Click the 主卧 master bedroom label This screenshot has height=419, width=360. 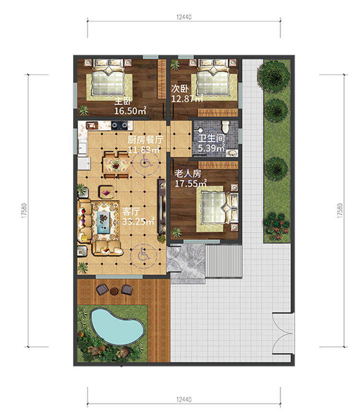[x=123, y=101]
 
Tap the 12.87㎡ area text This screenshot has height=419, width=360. [x=187, y=99]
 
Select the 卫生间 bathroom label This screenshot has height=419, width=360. [x=211, y=138]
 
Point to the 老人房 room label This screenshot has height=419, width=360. [x=188, y=173]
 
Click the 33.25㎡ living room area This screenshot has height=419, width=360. [x=138, y=222]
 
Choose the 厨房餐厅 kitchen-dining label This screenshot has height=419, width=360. [x=145, y=139]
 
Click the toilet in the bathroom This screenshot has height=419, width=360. [x=226, y=127]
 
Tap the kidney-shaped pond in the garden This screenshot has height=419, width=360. [x=118, y=326]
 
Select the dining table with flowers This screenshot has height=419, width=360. [x=116, y=165]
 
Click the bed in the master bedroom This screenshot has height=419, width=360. [x=108, y=77]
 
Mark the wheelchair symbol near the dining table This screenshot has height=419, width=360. [x=145, y=162]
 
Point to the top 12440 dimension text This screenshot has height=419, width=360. [x=184, y=17]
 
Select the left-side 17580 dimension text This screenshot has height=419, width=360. [x=24, y=211]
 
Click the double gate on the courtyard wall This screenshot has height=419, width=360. [x=283, y=333]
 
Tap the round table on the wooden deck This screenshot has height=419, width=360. [x=114, y=291]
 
